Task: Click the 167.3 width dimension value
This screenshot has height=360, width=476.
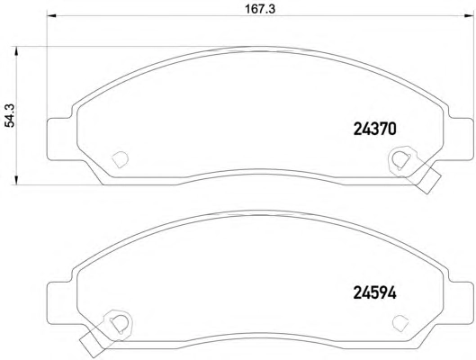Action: click(x=260, y=9)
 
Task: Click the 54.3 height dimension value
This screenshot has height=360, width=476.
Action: click(x=10, y=115)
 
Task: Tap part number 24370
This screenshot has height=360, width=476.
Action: click(x=375, y=130)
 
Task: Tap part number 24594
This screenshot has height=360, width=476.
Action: click(x=375, y=293)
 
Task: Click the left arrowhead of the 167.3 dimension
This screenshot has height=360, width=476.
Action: click(x=51, y=16)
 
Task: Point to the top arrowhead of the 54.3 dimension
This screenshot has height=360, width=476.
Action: click(x=16, y=51)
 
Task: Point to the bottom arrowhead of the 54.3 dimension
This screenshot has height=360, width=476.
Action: click(x=16, y=180)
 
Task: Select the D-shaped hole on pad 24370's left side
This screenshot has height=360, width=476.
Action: click(x=121, y=159)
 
